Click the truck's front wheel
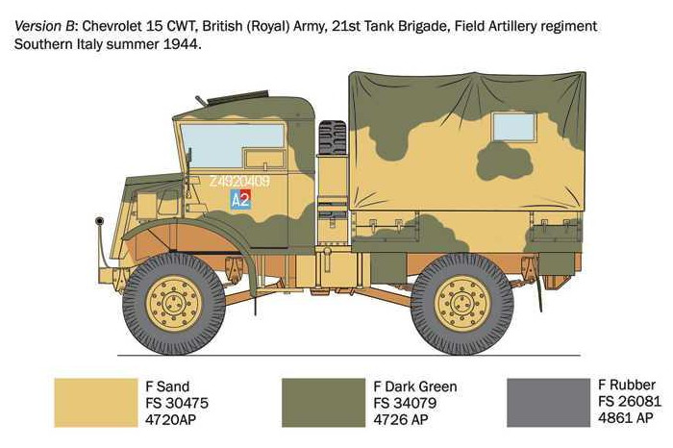174,304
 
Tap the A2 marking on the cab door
240,200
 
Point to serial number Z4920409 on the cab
239,181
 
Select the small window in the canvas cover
514,127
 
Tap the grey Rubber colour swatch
548,401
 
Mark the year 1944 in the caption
181,45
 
